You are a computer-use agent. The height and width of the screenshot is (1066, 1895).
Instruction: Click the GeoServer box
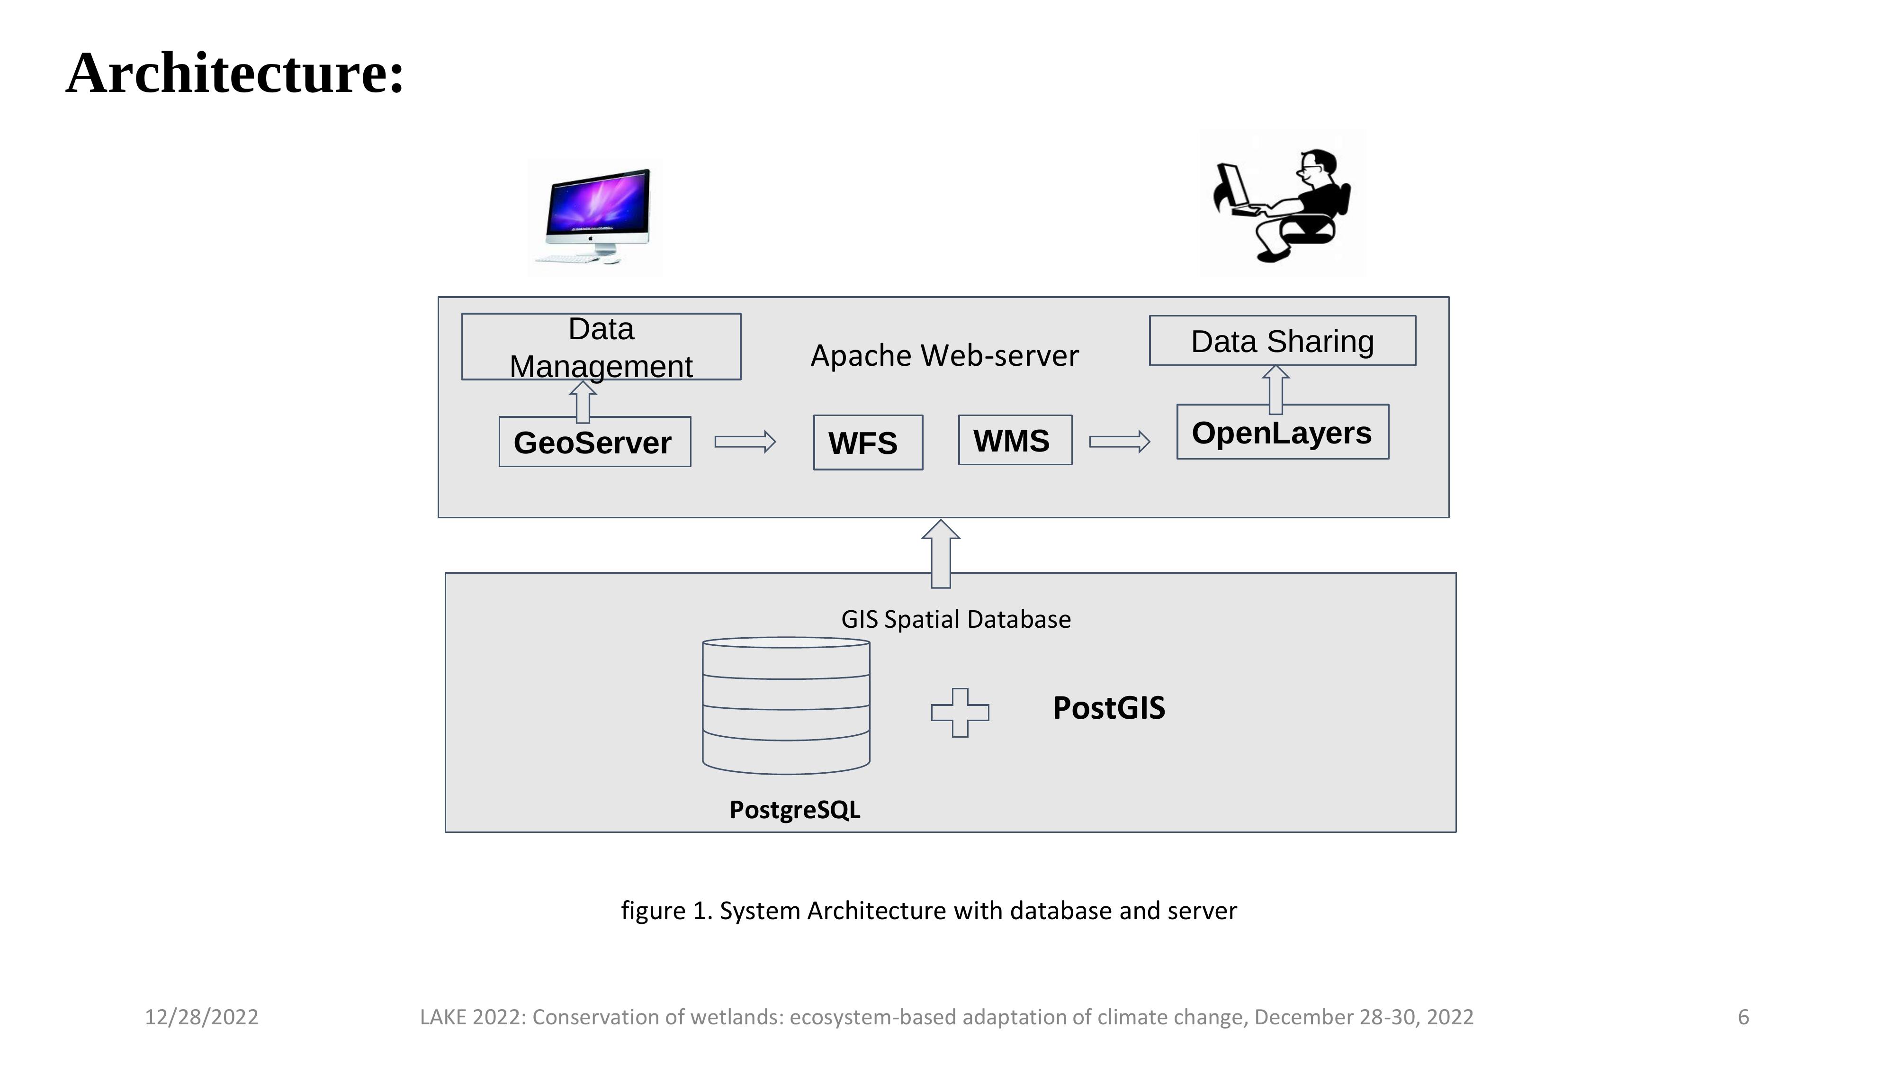(x=594, y=442)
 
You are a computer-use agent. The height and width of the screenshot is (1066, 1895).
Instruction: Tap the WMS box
(x=1015, y=440)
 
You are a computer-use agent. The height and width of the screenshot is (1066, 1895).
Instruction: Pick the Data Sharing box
(x=1282, y=341)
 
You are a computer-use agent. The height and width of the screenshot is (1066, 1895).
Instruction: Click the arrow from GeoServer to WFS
(x=745, y=442)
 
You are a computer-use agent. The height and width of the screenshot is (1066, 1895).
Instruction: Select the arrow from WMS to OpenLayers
(x=1119, y=442)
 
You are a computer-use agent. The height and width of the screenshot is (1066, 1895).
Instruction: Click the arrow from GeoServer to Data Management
(x=583, y=402)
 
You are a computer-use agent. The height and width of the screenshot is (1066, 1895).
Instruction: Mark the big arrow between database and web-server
(x=941, y=553)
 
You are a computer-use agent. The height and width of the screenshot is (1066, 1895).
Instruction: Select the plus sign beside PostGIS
(x=960, y=712)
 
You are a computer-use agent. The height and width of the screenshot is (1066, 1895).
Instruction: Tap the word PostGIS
(x=1109, y=708)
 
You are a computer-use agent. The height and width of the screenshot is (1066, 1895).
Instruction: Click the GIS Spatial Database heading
(x=956, y=619)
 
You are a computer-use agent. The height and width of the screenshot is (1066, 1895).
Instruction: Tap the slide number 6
(x=1742, y=1017)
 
